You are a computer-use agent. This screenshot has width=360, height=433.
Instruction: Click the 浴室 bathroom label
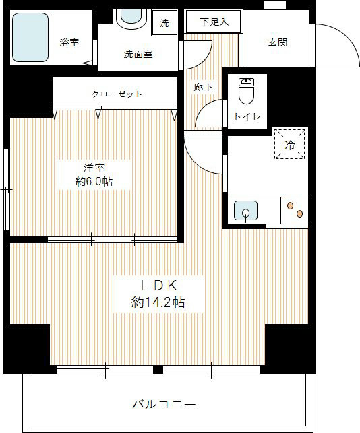tap(69, 43)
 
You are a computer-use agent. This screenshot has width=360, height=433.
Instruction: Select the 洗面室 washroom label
tap(138, 54)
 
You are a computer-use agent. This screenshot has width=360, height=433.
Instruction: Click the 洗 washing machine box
tap(164, 22)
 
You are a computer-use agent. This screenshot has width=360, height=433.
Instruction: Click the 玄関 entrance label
tap(278, 42)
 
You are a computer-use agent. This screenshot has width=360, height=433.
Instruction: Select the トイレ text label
tap(245, 116)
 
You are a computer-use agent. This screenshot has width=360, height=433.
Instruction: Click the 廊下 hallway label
tap(204, 87)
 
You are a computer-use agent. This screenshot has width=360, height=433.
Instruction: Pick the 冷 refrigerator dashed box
tap(290, 143)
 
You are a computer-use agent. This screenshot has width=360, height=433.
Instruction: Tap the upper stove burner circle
tap(291, 205)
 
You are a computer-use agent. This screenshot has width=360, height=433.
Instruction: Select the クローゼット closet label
tap(117, 94)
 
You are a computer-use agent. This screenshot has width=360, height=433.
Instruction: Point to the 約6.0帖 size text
tap(94, 182)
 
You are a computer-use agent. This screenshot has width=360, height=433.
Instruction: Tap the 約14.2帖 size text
tap(158, 303)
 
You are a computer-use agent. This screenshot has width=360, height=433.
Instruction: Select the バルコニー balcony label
tap(164, 405)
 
